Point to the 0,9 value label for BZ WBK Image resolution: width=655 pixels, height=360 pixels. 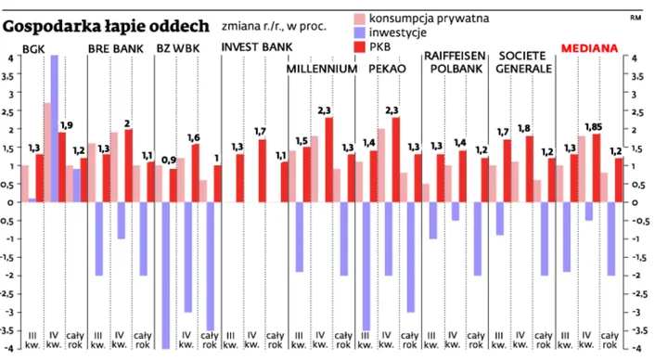168,161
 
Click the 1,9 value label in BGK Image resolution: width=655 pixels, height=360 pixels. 66,125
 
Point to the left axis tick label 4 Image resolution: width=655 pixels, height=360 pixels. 9,58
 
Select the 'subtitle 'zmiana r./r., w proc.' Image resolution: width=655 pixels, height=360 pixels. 275,25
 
